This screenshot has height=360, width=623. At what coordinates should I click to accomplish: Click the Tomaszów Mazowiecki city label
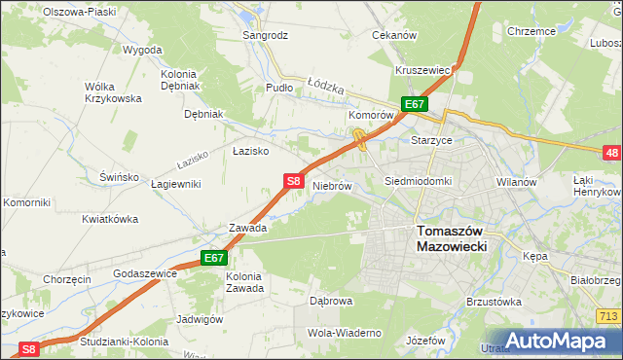click(x=451, y=239)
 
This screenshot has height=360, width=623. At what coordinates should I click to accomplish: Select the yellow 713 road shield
click(x=610, y=316)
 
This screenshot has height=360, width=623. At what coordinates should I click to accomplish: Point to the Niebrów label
click(x=331, y=185)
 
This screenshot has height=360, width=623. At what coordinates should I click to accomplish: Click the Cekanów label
click(x=394, y=35)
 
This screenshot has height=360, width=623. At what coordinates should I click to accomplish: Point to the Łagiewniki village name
click(x=174, y=184)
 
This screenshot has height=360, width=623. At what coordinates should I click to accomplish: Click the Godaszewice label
click(x=145, y=274)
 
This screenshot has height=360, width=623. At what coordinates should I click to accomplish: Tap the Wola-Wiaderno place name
click(x=344, y=333)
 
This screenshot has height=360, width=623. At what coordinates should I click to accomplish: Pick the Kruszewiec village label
click(x=421, y=70)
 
